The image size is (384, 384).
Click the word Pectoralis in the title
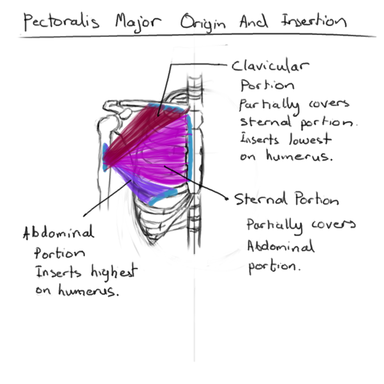point(61,22)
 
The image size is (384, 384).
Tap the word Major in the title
point(138,23)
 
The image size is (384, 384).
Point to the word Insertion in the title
point(314,21)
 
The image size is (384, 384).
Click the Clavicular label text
point(270,66)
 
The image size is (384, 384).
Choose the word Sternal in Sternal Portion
point(260,198)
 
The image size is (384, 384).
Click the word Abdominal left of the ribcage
point(58,232)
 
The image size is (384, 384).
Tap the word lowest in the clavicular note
point(310,139)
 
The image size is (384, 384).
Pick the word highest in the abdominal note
point(114,272)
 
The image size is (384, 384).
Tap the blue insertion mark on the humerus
point(106,157)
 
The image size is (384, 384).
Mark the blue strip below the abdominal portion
point(163,196)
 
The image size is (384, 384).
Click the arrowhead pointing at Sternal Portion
point(227,198)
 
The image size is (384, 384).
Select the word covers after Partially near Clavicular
point(329,104)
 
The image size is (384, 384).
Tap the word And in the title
point(253,22)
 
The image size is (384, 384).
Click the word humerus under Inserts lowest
point(300,156)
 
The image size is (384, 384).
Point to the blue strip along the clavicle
point(166,107)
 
